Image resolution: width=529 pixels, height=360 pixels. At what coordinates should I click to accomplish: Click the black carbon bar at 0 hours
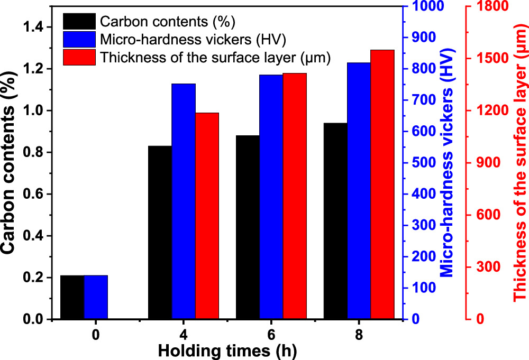[x=72, y=297]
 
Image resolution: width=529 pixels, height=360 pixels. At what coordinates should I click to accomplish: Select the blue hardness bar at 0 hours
[x=96, y=297]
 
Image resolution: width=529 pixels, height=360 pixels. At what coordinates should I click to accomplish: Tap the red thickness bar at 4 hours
[x=207, y=216]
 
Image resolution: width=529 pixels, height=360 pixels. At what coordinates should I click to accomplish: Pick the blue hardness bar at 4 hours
[x=184, y=201]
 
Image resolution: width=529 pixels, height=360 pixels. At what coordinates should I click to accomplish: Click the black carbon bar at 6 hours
[x=248, y=227]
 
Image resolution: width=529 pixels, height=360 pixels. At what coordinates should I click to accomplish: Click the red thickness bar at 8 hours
[x=382, y=184]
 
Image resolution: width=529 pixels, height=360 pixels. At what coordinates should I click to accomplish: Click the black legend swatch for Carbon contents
[x=79, y=21]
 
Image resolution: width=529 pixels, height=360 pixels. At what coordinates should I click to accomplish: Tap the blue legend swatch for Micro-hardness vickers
[x=79, y=39]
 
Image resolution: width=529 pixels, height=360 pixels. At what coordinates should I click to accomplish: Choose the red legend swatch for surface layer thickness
[x=79, y=57]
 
